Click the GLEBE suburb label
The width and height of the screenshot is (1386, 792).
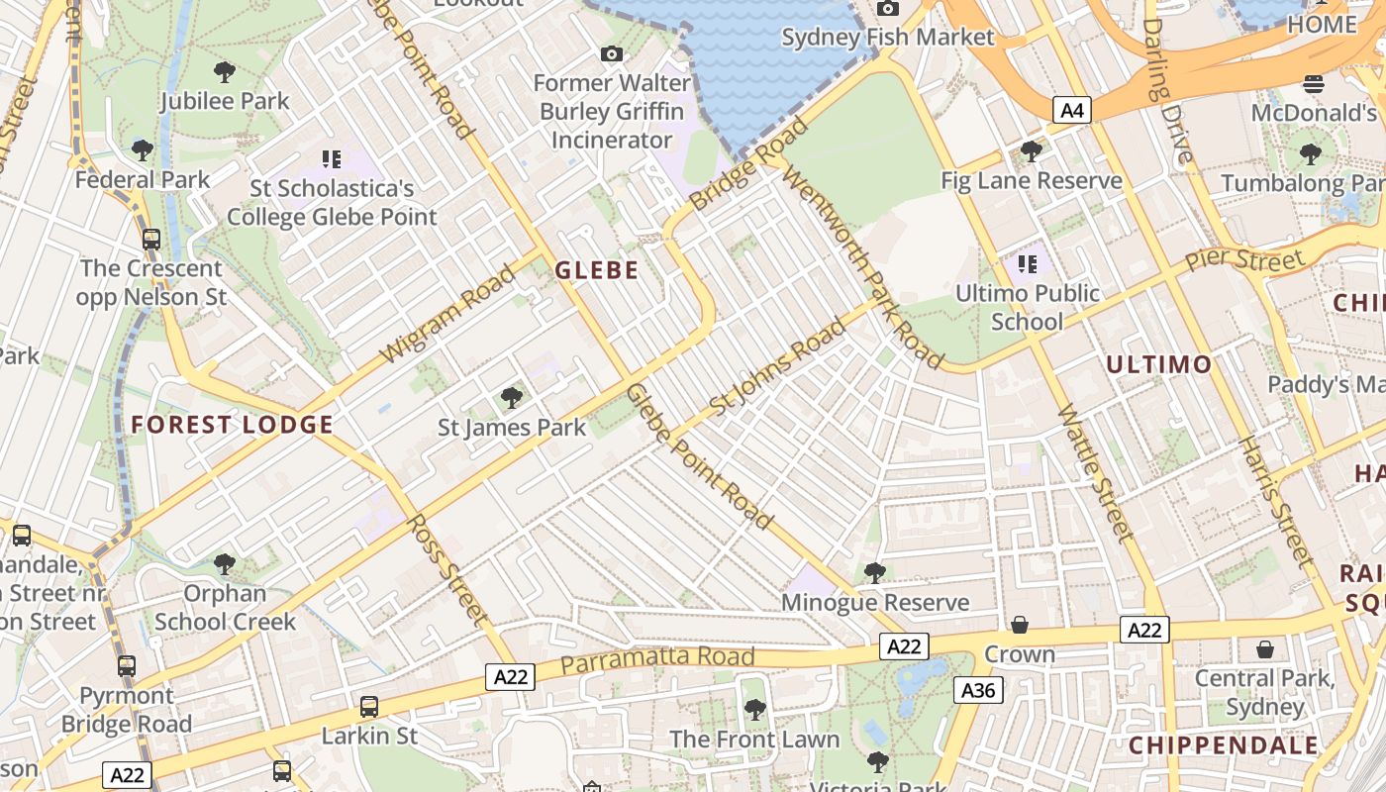pyautogui.click(x=596, y=270)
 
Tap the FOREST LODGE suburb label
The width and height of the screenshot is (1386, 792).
pyautogui.click(x=232, y=426)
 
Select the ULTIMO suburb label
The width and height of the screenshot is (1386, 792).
pyautogui.click(x=1158, y=364)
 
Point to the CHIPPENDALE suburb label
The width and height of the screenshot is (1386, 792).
pyautogui.click(x=1224, y=745)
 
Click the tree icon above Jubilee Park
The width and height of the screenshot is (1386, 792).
pyautogui.click(x=225, y=71)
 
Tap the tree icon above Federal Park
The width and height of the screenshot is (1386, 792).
pyautogui.click(x=143, y=150)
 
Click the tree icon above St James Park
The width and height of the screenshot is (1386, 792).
pyautogui.click(x=512, y=398)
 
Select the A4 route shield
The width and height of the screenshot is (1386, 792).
pyautogui.click(x=1071, y=110)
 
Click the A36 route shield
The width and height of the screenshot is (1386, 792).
pyautogui.click(x=978, y=690)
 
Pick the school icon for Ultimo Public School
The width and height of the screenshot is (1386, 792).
pyautogui.click(x=1027, y=264)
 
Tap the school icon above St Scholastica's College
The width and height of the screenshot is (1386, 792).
pyautogui.click(x=331, y=158)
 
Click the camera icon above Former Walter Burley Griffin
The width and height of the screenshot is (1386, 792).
pyautogui.click(x=612, y=53)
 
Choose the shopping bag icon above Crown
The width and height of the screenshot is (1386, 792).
pyautogui.click(x=1020, y=625)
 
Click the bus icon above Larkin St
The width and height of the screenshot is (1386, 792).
pyautogui.click(x=369, y=707)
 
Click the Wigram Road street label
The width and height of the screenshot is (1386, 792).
pyautogui.click(x=447, y=313)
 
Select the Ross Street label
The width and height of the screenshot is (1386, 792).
pyautogui.click(x=448, y=570)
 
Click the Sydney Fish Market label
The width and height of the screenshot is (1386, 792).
pyautogui.click(x=887, y=38)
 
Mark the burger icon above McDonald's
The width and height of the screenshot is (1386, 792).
pyautogui.click(x=1314, y=84)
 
